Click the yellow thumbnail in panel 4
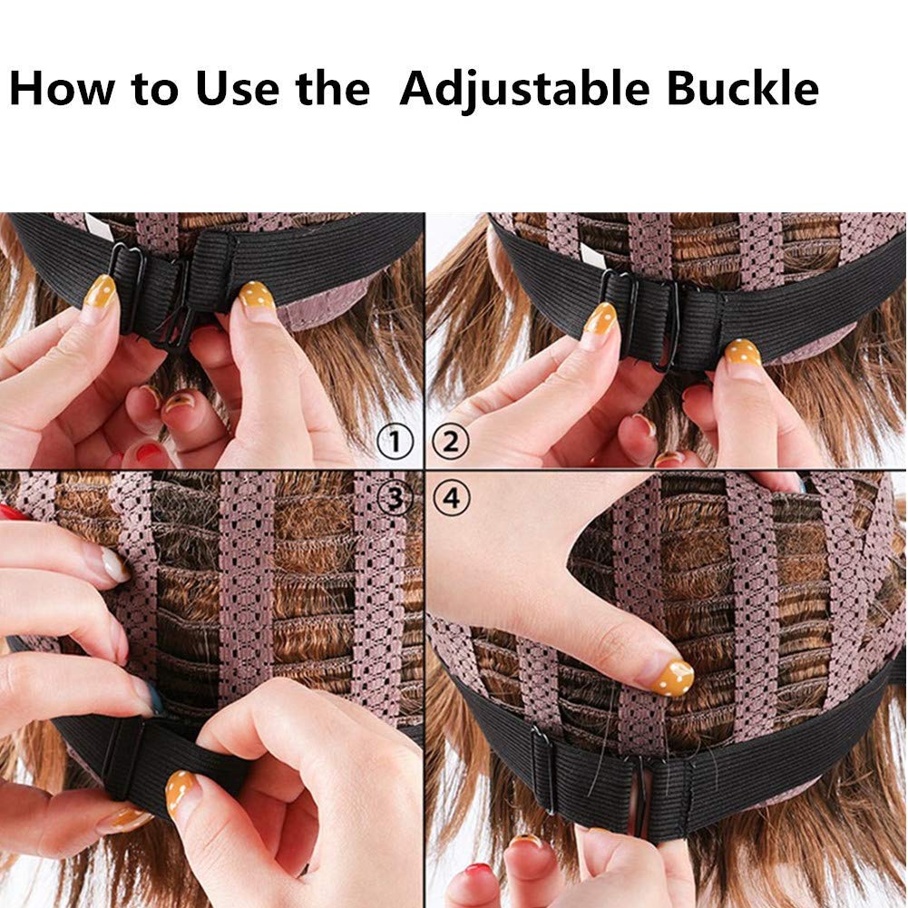coord(673,676)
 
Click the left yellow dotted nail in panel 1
coord(100,292)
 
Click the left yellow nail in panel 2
coord(600,318)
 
